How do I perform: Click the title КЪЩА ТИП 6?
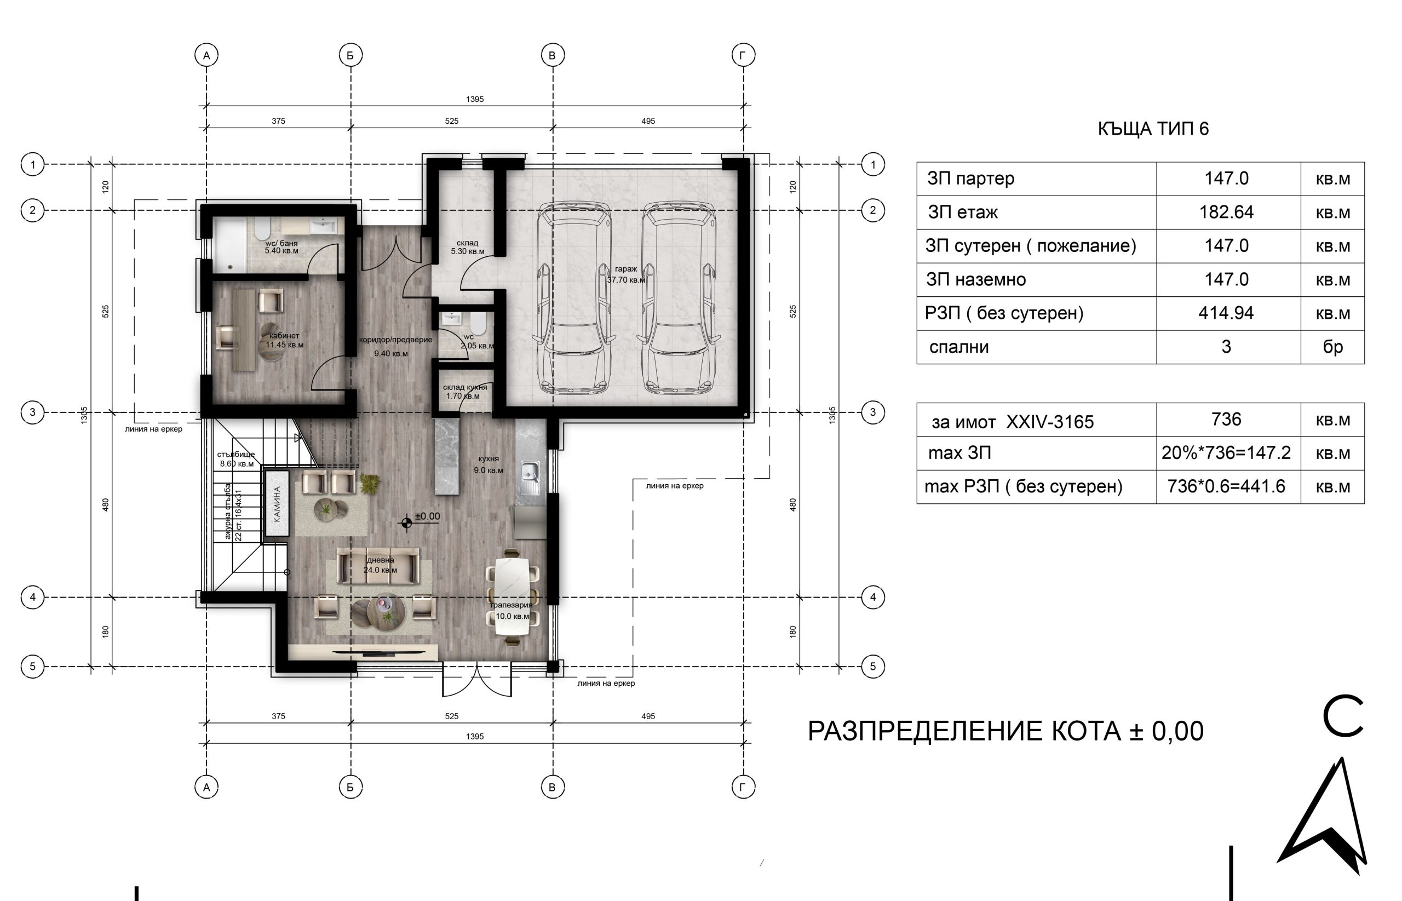pos(1153,129)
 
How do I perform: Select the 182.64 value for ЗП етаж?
pos(1226,212)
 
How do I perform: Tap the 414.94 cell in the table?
pos(1226,313)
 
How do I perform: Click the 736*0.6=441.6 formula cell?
pos(1226,486)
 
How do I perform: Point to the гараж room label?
pos(626,269)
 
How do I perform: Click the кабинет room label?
pos(284,336)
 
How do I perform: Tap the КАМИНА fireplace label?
pos(277,504)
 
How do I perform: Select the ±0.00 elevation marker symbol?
pos(406,523)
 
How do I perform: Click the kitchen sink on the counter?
pos(530,471)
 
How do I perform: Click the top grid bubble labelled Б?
pos(350,55)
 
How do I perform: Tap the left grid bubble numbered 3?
pos(33,412)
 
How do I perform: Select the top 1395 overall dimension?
pos(475,100)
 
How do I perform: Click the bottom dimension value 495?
pos(648,716)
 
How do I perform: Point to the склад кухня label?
pos(465,387)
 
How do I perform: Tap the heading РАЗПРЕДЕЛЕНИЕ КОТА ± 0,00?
pos(1005,731)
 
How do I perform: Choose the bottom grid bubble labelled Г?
pos(743,788)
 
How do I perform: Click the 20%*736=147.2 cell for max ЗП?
pos(1226,453)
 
